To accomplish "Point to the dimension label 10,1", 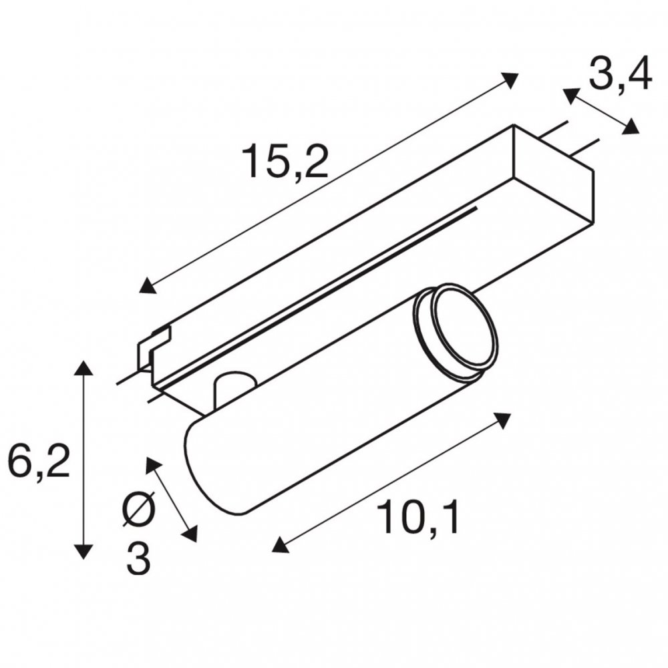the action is pyautogui.click(x=419, y=517).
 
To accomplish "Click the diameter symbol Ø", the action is pyautogui.click(x=140, y=509).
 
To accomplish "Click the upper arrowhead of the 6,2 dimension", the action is pyautogui.click(x=83, y=367).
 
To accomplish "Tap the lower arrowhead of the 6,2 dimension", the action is pyautogui.click(x=83, y=552).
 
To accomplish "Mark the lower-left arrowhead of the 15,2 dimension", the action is pyautogui.click(x=148, y=285).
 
